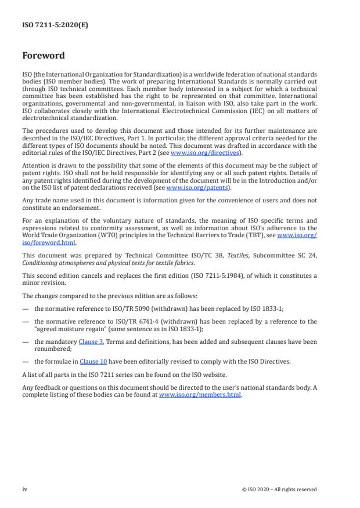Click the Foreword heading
tap(44, 56)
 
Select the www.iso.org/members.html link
tap(200, 395)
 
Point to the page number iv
tap(25, 489)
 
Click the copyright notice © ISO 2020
tap(279, 489)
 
